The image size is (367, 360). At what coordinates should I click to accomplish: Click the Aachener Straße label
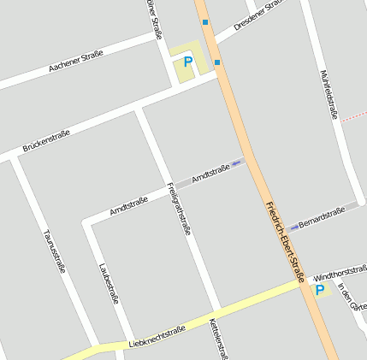76,59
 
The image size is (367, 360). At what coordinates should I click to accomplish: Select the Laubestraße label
109,283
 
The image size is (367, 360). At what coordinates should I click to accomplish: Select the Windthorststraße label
340,274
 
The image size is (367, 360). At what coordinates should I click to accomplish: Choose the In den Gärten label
351,296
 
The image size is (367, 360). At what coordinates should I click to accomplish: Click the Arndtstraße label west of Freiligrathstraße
129,205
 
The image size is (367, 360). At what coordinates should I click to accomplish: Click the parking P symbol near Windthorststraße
320,291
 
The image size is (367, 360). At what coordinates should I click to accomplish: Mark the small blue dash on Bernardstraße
294,227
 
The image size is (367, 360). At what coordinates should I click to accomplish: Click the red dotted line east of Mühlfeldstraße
352,117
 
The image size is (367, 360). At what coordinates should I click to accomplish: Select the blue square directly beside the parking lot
217,62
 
